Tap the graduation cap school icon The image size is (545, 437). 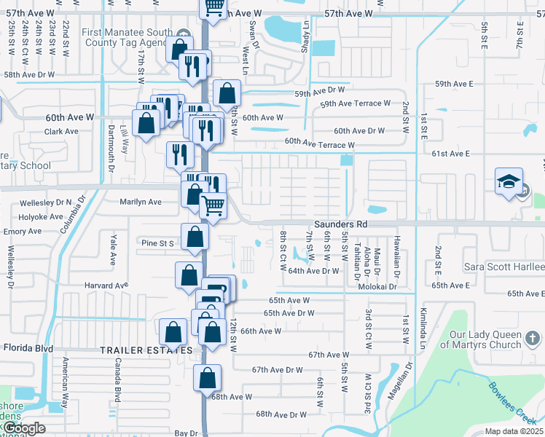(509, 183)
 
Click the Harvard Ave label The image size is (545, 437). (106, 286)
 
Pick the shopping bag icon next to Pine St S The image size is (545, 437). (195, 237)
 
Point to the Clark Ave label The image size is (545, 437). (61, 132)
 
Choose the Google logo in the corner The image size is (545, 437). (23, 428)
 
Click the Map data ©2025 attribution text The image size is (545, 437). (514, 431)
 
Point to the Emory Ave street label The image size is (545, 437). (23, 231)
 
